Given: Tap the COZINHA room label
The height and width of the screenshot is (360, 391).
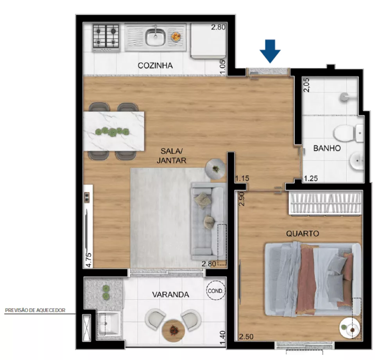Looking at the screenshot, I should [155, 65].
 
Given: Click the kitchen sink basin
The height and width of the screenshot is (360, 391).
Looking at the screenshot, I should [155, 37].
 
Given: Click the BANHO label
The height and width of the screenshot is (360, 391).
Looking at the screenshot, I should [327, 149].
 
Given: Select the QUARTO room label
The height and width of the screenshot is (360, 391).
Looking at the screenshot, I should [302, 234].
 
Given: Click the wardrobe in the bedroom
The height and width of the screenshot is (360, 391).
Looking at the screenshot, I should [324, 204].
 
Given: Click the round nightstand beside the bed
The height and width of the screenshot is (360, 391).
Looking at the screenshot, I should [350, 329].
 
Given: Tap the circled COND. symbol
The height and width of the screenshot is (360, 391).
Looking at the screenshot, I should [215, 291].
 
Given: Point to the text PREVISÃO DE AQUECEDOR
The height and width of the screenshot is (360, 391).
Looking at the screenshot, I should [35, 311].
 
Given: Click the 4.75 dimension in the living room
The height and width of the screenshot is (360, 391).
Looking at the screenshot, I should [89, 260].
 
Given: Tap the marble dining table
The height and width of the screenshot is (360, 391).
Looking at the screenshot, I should [114, 131].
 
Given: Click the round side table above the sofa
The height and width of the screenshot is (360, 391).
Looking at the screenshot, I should [215, 169].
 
